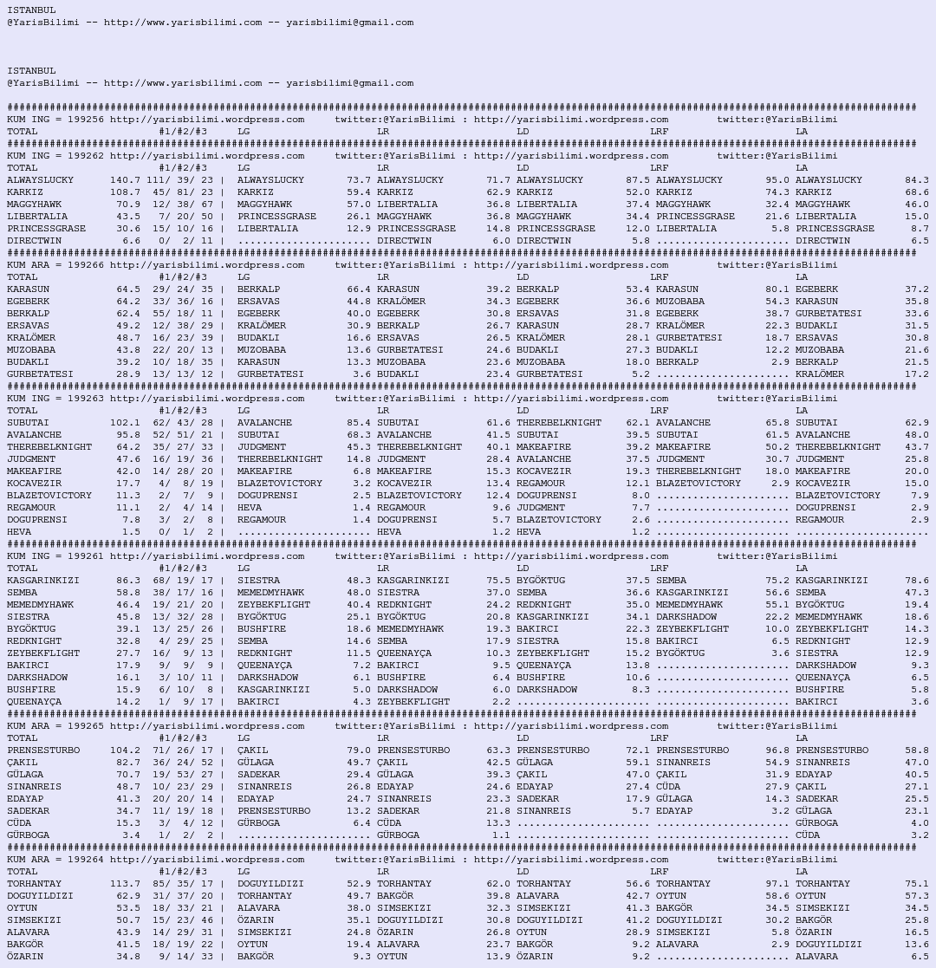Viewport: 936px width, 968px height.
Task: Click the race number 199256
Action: (x=86, y=120)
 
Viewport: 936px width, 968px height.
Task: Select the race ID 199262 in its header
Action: (x=86, y=156)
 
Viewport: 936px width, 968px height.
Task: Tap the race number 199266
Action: (x=86, y=265)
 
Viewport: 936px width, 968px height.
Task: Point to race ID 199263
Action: (x=86, y=399)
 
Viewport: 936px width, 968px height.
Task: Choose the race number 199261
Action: (x=86, y=556)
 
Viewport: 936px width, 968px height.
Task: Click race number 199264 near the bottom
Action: (x=86, y=860)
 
